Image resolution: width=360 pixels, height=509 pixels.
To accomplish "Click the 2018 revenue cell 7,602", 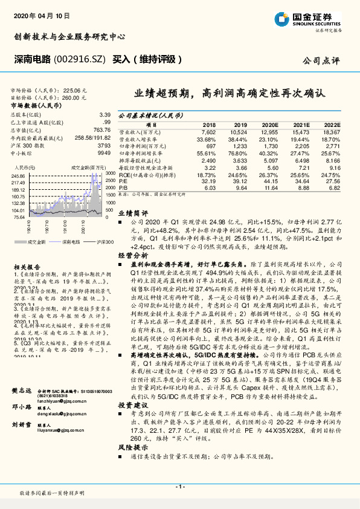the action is click(x=208, y=131).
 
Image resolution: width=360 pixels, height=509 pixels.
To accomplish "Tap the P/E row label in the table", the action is click(x=122, y=181).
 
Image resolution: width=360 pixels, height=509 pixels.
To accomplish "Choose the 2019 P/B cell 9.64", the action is click(x=239, y=187).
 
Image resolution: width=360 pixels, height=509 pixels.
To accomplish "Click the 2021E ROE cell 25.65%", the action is click(x=300, y=174).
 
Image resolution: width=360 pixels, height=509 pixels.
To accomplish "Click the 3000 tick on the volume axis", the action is click(x=111, y=173).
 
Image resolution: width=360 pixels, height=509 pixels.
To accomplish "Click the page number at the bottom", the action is click(x=179, y=487).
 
